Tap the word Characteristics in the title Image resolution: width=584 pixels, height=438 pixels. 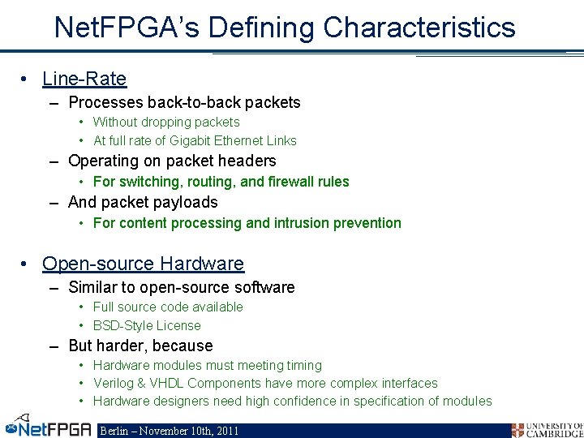(x=419, y=28)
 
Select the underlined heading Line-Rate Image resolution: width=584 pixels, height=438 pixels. (x=84, y=79)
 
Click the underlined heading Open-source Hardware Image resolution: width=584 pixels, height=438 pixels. (x=143, y=264)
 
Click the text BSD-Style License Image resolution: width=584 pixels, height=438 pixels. (x=147, y=325)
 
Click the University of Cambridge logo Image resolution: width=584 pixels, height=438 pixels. (x=547, y=429)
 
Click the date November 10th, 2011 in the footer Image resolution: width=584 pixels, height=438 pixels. (x=192, y=431)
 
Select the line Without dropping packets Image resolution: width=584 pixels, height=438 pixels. (x=166, y=122)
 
